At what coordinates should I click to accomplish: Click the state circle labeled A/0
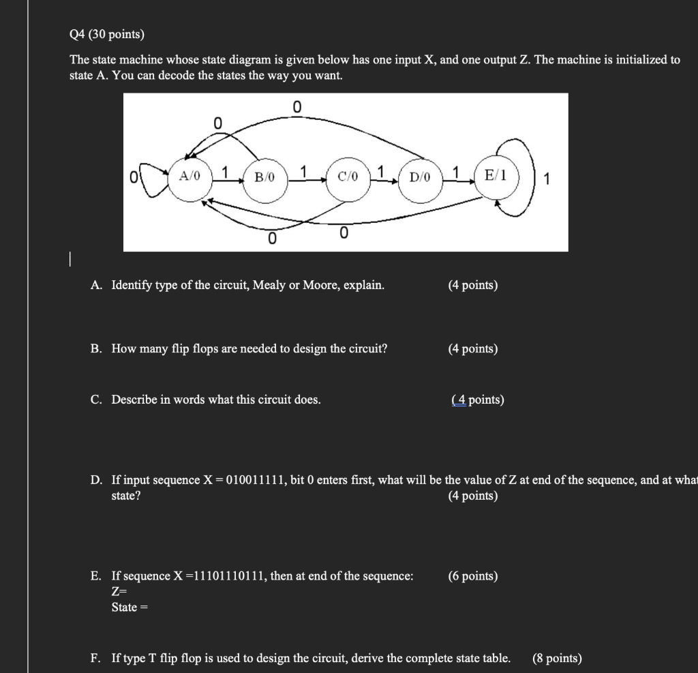[x=189, y=178]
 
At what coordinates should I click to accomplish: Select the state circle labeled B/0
[x=264, y=179]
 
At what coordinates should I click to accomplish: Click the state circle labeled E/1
[x=496, y=177]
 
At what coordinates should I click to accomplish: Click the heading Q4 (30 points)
[x=108, y=33]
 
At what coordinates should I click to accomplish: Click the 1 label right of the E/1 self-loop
[x=547, y=180]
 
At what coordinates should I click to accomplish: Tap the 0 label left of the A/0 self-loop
[x=136, y=179]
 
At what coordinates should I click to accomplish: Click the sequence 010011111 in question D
[x=256, y=481]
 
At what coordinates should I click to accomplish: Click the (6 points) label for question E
[x=472, y=576]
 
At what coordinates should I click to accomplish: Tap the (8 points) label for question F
[x=557, y=658]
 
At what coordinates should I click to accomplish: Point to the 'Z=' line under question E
[x=120, y=592]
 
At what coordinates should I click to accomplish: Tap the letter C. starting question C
[x=97, y=400]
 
